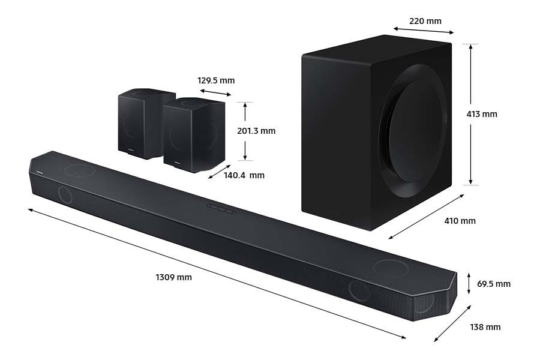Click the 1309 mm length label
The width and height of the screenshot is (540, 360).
pyautogui.click(x=173, y=277)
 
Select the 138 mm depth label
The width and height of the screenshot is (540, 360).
pyautogui.click(x=485, y=327)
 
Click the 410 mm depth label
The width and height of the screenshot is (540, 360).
pyautogui.click(x=460, y=221)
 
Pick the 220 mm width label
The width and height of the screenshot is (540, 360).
pyautogui.click(x=425, y=21)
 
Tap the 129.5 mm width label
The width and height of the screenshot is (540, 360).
pyautogui.click(x=216, y=80)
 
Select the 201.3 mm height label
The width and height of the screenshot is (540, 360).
pyautogui.click(x=257, y=131)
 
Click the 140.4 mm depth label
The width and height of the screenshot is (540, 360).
pyautogui.click(x=244, y=175)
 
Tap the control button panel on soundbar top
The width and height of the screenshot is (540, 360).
pyautogui.click(x=221, y=208)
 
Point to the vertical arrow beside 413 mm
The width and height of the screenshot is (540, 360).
pyautogui.click(x=471, y=114)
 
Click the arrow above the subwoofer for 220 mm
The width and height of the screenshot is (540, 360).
pyautogui.click(x=424, y=31)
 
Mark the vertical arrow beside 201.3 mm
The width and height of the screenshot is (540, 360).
pyautogui.click(x=245, y=131)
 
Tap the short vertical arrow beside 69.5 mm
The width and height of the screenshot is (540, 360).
pyautogui.click(x=469, y=283)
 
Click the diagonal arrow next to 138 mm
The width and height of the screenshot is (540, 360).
pyautogui.click(x=453, y=323)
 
